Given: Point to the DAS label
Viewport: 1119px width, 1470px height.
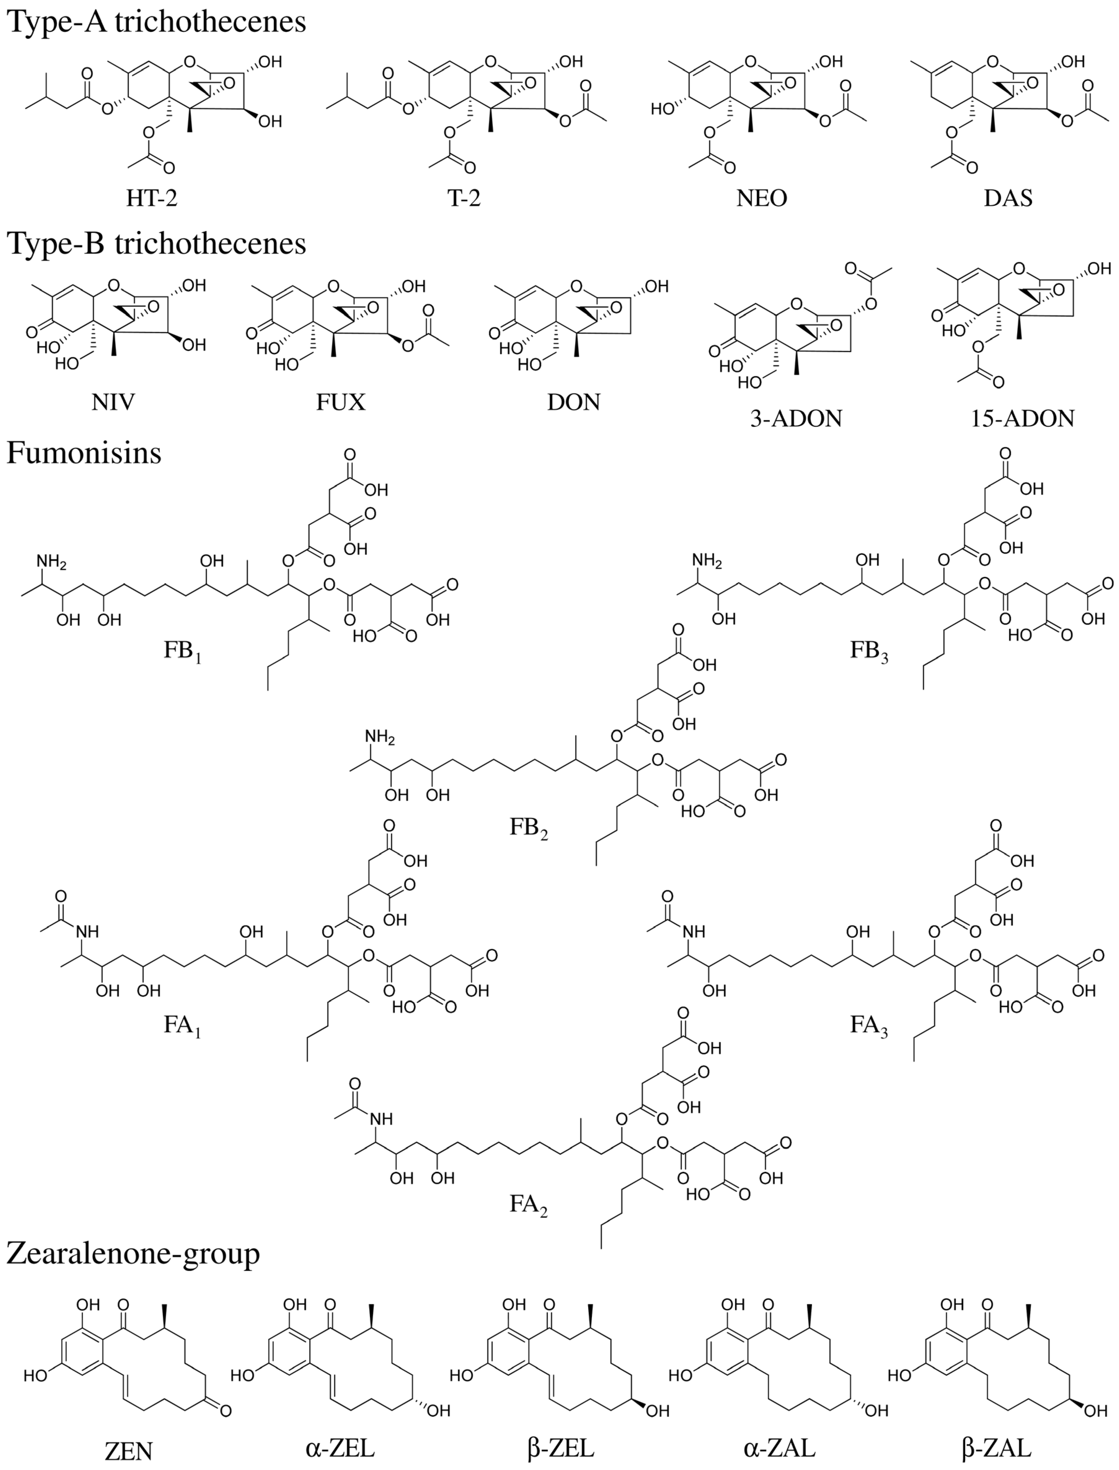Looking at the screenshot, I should tap(1008, 198).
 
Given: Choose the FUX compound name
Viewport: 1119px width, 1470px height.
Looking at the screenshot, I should tap(341, 402).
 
